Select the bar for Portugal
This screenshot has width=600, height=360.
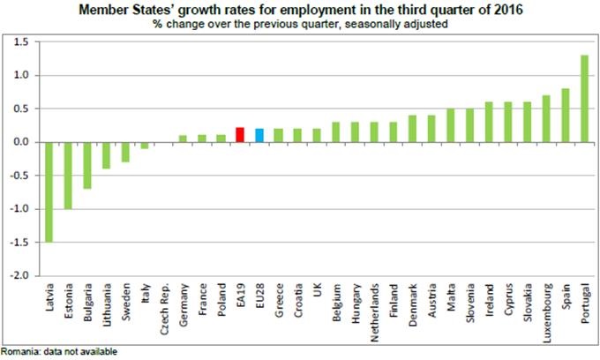coord(584,98)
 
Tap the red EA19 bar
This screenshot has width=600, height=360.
coord(240,135)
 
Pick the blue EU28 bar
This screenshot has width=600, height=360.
coord(259,135)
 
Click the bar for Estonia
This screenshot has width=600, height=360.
coord(68,175)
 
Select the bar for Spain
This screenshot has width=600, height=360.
coord(565,116)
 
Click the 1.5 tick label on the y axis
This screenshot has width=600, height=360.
coord(22,42)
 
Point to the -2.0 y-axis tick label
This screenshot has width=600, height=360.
coord(21,274)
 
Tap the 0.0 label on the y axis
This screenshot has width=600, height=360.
coord(22,142)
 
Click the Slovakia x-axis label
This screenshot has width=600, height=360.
coord(528,300)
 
